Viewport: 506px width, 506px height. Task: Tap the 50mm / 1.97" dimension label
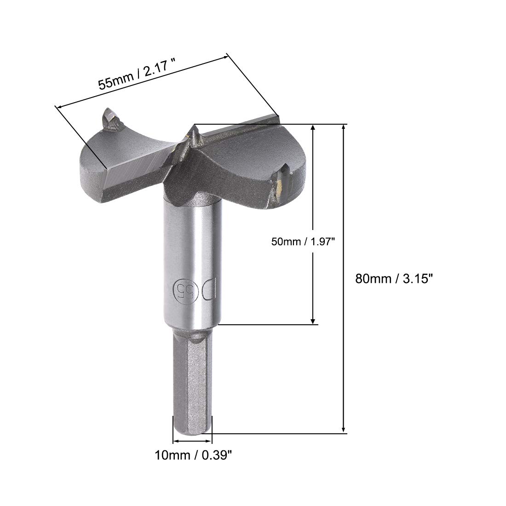pyautogui.click(x=303, y=241)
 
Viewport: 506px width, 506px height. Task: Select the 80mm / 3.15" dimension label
pyautogui.click(x=394, y=278)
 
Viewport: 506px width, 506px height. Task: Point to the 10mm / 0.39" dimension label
pyautogui.click(x=193, y=455)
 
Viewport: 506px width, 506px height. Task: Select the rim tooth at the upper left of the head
pyautogui.click(x=111, y=120)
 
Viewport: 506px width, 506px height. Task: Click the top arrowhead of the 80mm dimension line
pyautogui.click(x=344, y=127)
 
